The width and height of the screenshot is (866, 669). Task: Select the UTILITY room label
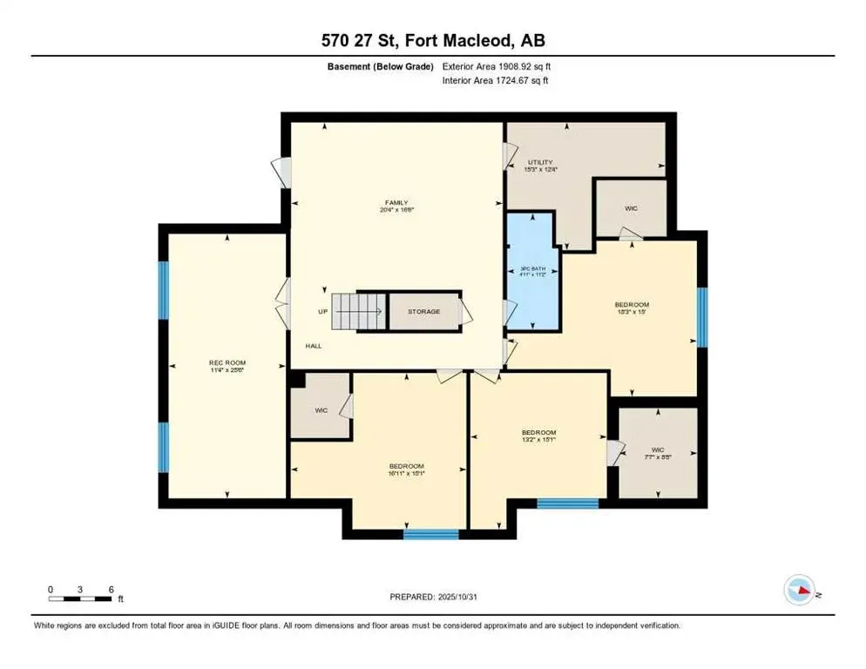point(541,162)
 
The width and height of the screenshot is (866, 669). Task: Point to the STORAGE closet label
point(424,311)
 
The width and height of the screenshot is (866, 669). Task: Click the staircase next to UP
point(359,311)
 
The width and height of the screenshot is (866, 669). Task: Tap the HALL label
point(314,346)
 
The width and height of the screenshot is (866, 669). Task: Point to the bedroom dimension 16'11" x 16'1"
point(406,472)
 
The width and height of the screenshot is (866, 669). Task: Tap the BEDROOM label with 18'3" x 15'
point(632,305)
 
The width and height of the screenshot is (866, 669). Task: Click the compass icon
point(799,590)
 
